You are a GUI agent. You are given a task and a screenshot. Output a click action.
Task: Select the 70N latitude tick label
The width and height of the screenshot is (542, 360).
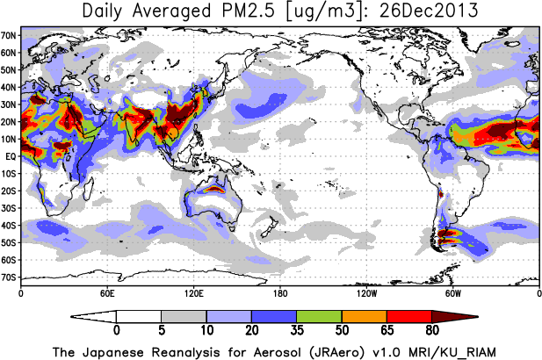pos(10,36)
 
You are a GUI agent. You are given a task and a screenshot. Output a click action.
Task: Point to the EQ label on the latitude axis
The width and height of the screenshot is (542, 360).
pos(10,156)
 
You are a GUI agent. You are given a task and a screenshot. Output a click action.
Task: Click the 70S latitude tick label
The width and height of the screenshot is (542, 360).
pos(10,277)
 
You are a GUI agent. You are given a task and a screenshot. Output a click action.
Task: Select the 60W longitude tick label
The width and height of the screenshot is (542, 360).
pos(452,292)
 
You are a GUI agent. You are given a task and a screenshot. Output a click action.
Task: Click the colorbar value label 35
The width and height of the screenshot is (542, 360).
pos(296,330)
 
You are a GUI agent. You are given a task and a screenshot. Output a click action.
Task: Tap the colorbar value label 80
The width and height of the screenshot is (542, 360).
pos(431,330)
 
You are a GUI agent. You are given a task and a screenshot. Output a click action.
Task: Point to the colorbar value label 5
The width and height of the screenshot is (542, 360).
pos(161,330)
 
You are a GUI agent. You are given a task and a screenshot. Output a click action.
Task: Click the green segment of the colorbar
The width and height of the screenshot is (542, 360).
pos(319,315)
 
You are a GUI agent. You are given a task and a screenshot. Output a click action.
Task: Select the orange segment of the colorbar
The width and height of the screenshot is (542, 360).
pos(364,315)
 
